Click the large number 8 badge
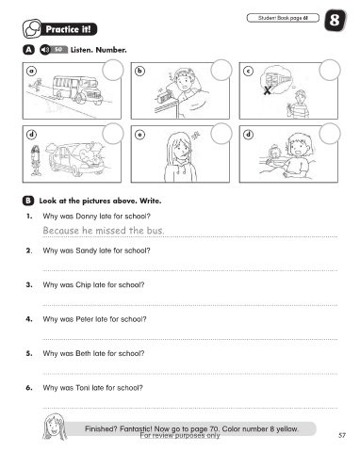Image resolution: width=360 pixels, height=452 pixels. coord(335,21)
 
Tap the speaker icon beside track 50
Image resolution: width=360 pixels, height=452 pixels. coord(45,50)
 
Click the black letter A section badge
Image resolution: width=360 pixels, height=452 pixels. coord(28,50)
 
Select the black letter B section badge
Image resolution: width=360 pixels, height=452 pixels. coord(28,201)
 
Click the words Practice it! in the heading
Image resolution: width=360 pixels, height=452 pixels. coord(68,29)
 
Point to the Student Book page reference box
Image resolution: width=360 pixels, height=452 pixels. coord(283,18)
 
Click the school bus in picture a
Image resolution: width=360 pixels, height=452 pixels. coord(77,89)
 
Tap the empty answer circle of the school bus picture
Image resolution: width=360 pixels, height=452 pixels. coord(113,70)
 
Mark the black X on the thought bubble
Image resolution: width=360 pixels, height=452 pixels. coord(267,90)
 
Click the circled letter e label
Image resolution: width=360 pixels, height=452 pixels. coord(139,135)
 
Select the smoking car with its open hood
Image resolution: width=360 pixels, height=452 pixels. coord(76,159)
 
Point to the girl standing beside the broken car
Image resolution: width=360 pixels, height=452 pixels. coord(36,161)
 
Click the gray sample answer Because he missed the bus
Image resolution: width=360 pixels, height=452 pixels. coord(104,231)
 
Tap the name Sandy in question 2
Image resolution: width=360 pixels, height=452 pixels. coord(87,250)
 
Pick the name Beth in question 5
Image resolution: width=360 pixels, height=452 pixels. coord(83,353)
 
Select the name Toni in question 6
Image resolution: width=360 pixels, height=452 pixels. coord(82,388)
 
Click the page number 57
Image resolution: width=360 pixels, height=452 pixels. coord(342,435)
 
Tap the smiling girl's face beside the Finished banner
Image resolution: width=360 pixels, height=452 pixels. coord(55,427)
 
